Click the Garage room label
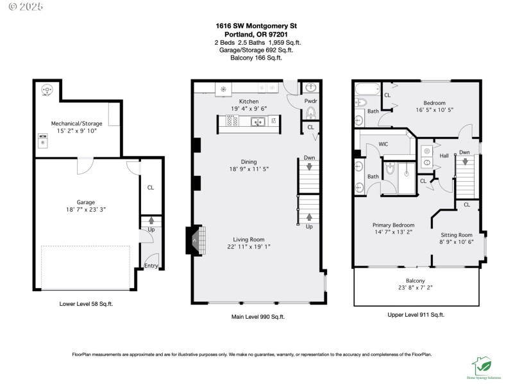click(86, 202)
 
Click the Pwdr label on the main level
click(310, 101)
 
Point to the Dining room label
click(248, 161)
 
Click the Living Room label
click(248, 239)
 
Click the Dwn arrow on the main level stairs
click(309, 167)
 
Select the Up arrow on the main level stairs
click(309, 217)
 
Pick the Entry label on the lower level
click(151, 266)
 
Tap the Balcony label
click(415, 280)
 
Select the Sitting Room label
click(456, 234)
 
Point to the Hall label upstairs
click(444, 156)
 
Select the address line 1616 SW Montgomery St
click(256, 26)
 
